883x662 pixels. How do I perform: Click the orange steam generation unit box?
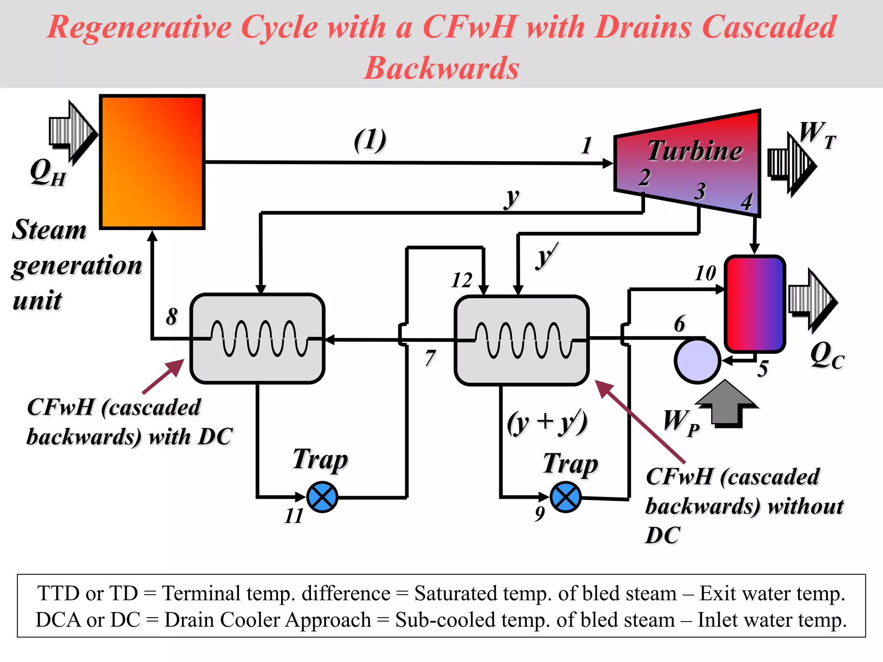tap(152, 162)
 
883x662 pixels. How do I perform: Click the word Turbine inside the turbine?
tap(695, 151)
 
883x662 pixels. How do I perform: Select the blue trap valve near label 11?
tap(322, 497)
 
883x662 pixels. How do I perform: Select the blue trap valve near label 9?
tap(566, 497)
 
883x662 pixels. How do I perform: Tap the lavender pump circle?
tap(697, 361)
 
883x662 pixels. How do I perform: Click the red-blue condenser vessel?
tap(755, 304)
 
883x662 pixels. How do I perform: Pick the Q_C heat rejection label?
tap(827, 356)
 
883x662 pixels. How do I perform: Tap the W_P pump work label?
tap(680, 422)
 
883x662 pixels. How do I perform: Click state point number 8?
tap(172, 316)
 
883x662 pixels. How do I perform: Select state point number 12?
tap(462, 281)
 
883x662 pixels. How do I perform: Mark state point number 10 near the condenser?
tap(705, 273)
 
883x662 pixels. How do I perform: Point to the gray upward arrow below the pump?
tap(726, 403)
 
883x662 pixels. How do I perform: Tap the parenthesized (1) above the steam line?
tap(370, 141)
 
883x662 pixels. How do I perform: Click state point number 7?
tap(430, 358)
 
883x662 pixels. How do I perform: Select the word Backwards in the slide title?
tap(441, 68)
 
